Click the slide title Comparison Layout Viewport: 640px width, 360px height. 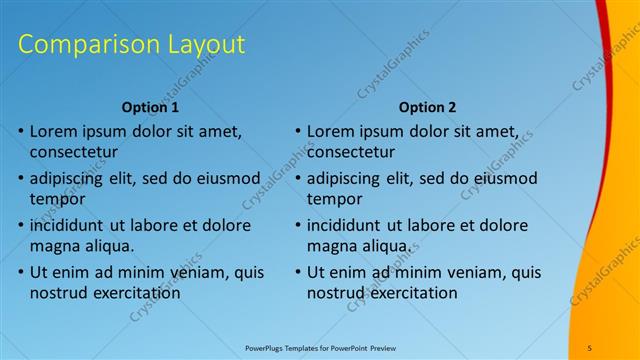132,45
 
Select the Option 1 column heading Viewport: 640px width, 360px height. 150,107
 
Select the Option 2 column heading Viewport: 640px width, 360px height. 427,107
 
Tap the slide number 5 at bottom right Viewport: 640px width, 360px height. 590,347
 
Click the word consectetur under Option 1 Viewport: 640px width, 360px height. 74,152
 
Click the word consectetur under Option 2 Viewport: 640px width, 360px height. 351,152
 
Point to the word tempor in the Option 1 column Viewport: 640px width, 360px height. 55,199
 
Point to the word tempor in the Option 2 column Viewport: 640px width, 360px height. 332,199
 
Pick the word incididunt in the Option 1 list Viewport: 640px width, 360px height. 70,225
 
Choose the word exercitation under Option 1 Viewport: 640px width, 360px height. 136,293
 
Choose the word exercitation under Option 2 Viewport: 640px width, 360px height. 413,293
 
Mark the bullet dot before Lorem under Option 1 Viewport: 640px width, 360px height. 21,132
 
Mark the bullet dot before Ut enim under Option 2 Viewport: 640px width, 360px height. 298,272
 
